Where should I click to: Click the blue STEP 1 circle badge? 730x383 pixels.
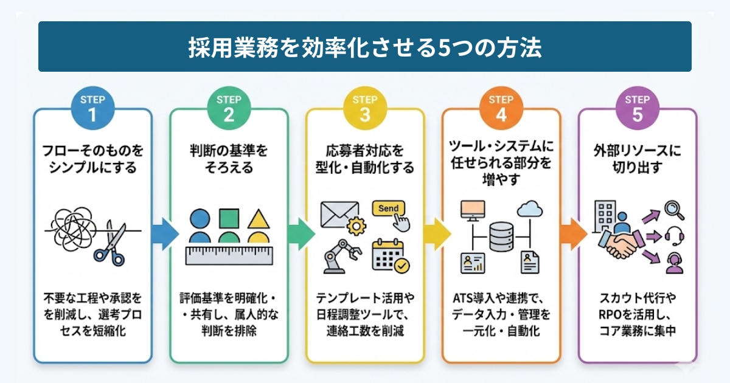[92, 108]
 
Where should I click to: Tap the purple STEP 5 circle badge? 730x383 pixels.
[637, 108]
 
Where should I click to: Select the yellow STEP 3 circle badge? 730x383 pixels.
[365, 108]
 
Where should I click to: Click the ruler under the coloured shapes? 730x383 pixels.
[228, 255]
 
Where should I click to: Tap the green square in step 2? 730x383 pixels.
[229, 218]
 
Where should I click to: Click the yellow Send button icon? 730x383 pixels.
[389, 210]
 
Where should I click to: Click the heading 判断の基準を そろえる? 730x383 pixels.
[229, 158]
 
